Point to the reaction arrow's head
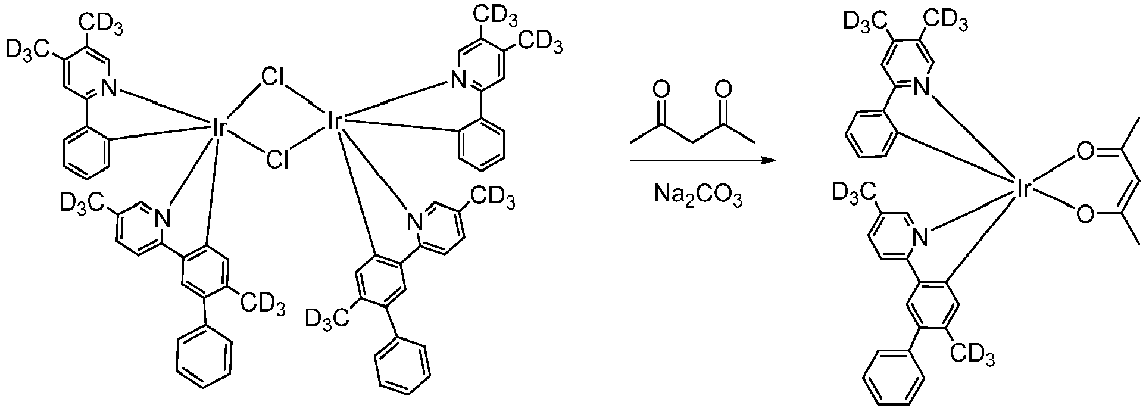click(769, 160)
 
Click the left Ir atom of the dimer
click(217, 127)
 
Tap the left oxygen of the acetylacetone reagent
click(659, 90)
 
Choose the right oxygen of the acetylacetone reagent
click(722, 90)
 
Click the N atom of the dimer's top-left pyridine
click(110, 89)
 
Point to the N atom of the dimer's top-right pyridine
click(457, 79)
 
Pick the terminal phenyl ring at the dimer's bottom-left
click(204, 359)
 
